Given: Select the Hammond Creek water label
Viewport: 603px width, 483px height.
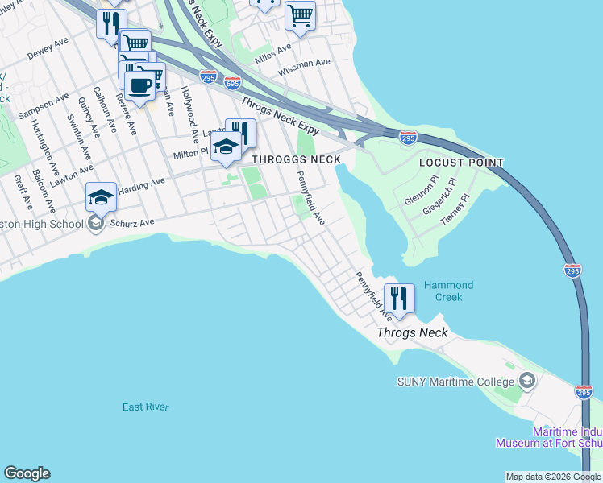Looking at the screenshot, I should [448, 291].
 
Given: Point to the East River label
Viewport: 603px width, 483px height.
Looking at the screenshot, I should [145, 407].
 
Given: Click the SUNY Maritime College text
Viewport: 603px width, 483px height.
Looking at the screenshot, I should [455, 381].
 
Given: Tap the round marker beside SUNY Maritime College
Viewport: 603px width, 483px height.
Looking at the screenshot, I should [527, 379].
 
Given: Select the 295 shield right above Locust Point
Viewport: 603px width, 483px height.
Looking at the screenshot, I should [408, 138].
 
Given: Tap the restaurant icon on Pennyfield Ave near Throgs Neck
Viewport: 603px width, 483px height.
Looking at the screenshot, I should [398, 297].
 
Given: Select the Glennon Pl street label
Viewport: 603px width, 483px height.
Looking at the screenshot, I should [419, 192].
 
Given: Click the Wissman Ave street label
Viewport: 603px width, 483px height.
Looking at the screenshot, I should [305, 68].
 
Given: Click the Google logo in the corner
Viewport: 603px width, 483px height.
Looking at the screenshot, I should [27, 473].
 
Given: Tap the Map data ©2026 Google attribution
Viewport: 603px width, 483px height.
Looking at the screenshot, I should [552, 477].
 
